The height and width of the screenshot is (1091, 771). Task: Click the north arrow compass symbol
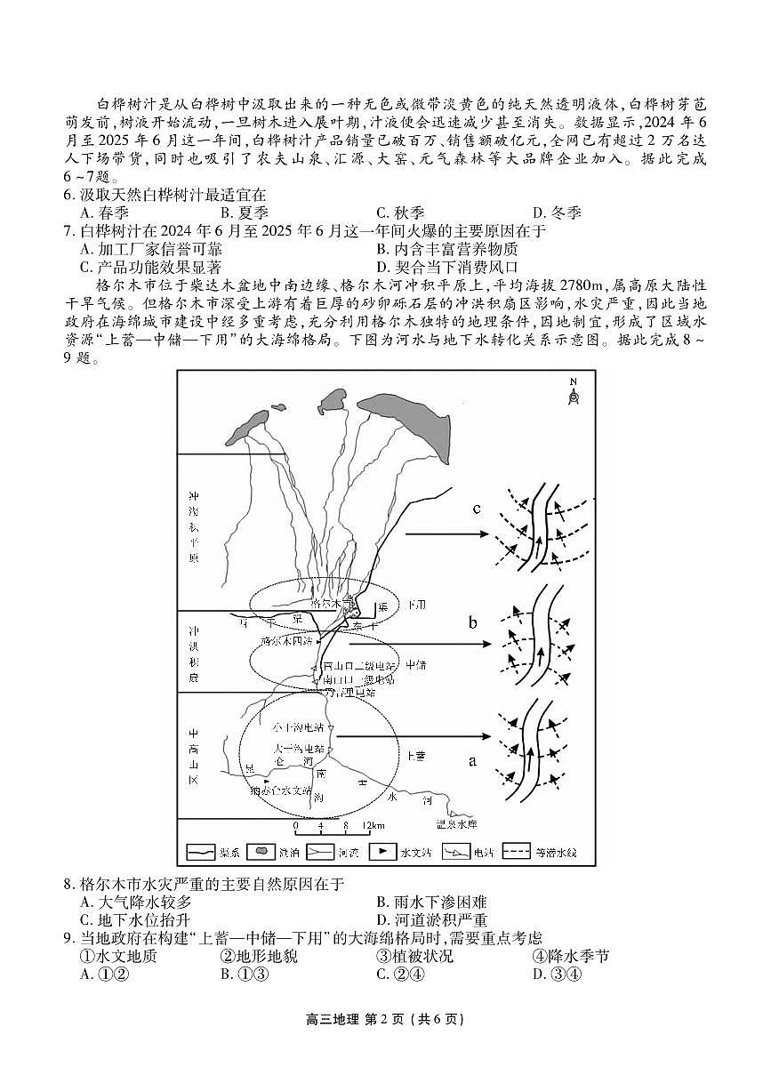573,392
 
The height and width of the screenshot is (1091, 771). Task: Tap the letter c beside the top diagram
478,509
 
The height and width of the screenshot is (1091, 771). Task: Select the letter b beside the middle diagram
474,622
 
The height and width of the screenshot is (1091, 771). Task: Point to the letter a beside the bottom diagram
472,760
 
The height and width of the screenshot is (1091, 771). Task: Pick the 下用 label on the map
415,605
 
